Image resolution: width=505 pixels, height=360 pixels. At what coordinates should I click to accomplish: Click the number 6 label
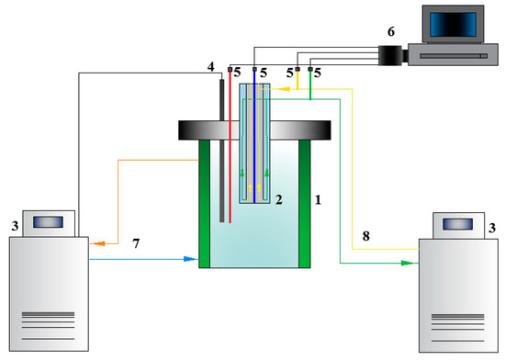pos(391,31)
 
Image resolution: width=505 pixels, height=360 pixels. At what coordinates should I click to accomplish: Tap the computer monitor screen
pos(453,25)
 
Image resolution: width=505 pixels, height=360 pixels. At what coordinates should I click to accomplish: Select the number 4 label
pos(210,67)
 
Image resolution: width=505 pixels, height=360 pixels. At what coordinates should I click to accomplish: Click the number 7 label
pos(136,243)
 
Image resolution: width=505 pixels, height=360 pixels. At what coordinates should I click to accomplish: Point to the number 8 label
pos(365,236)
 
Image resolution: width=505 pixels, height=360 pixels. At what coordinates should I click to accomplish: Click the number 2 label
pos(279,199)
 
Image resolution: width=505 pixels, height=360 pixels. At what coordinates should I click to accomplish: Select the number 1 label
pos(318,200)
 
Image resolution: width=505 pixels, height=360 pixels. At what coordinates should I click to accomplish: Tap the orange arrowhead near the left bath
pos(99,243)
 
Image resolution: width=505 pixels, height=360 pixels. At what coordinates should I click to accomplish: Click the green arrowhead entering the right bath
pos(407,263)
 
